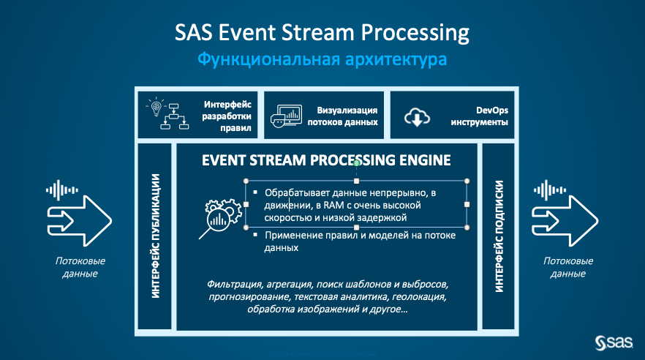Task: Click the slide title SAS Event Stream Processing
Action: pos(322,33)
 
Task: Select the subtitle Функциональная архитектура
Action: pos(322,59)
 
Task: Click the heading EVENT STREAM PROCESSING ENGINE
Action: pos(326,160)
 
